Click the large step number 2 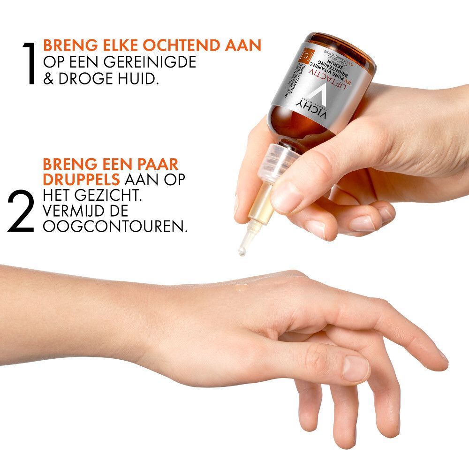[21, 212]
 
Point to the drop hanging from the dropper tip [242, 251]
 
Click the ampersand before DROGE [49, 78]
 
